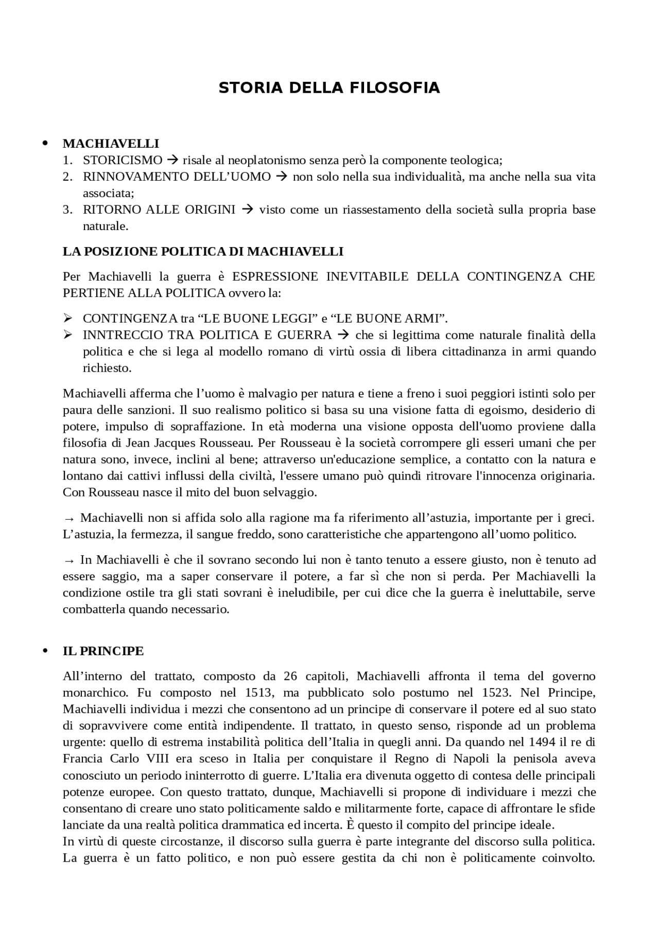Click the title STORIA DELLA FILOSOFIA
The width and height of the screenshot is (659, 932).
pyautogui.click(x=329, y=88)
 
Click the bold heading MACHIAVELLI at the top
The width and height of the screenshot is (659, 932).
pyautogui.click(x=111, y=144)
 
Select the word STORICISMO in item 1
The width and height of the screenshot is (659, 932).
pyautogui.click(x=123, y=160)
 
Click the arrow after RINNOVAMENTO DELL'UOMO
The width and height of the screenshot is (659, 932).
pyautogui.click(x=281, y=177)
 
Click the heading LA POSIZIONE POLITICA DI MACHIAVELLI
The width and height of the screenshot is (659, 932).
pyautogui.click(x=203, y=252)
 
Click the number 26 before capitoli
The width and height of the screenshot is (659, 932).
pyautogui.click(x=290, y=676)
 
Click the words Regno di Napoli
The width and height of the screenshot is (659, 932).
pyautogui.click(x=443, y=759)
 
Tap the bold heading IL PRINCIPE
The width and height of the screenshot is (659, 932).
pyautogui.click(x=103, y=651)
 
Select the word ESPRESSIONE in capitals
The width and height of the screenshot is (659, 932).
pyautogui.click(x=274, y=276)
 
